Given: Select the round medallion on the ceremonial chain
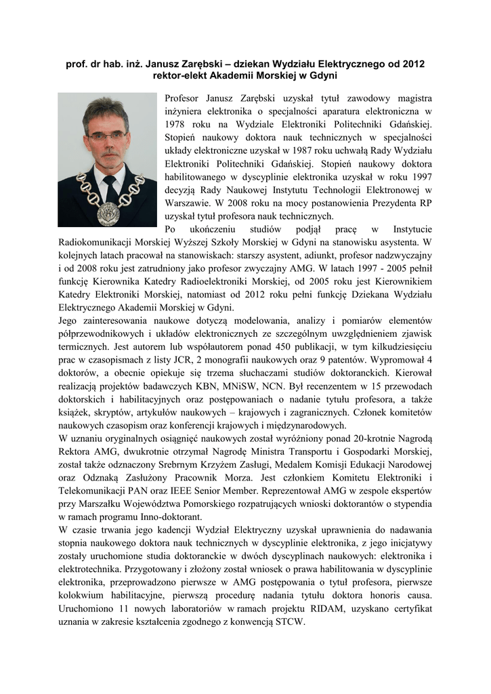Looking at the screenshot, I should point(107,215).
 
